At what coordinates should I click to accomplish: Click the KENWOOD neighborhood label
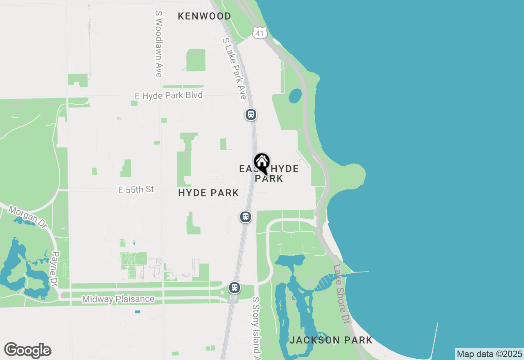204,16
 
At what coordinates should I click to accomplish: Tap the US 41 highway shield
260,33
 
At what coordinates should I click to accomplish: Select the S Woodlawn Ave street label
158,44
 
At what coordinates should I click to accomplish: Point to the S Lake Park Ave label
234,69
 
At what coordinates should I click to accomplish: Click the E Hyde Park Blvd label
169,95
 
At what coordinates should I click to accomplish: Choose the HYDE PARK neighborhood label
208,193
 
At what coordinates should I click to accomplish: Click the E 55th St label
136,189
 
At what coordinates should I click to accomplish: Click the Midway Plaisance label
118,299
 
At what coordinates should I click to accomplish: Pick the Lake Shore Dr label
341,294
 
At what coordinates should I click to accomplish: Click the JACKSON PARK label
331,340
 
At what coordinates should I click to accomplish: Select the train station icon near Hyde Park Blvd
251,115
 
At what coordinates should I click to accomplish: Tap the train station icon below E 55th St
245,217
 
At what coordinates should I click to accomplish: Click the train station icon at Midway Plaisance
235,288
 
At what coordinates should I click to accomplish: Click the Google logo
27,351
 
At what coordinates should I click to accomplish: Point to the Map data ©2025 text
489,354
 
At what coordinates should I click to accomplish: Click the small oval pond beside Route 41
295,96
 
